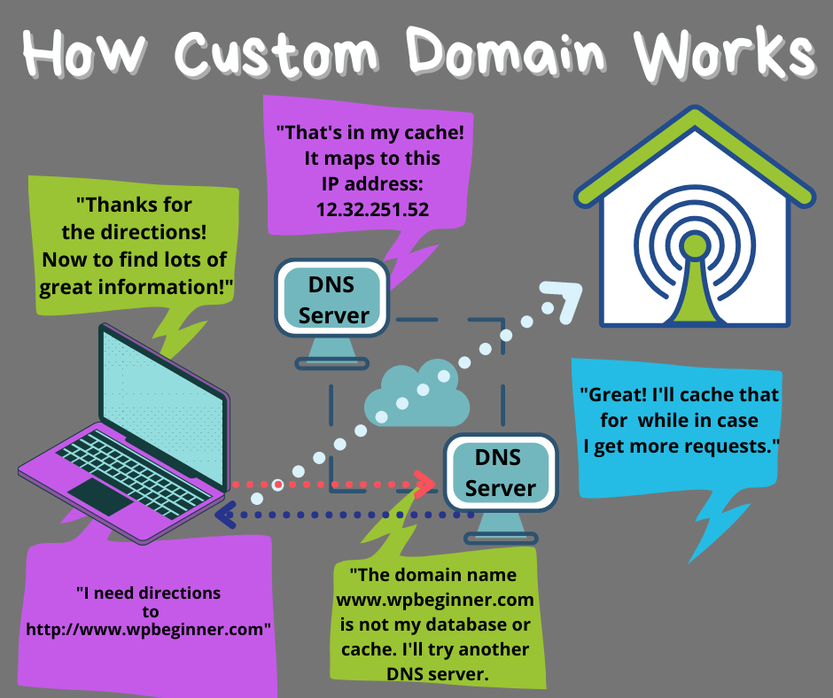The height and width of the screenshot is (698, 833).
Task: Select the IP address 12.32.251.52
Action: [372, 209]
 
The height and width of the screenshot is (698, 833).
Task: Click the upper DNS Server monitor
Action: [333, 299]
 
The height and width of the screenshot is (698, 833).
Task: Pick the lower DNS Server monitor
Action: [501, 473]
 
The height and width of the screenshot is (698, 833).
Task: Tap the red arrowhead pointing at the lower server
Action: [426, 484]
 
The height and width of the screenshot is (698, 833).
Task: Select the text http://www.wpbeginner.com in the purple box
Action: [148, 630]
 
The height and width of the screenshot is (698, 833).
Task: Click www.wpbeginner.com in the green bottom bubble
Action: [433, 599]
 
